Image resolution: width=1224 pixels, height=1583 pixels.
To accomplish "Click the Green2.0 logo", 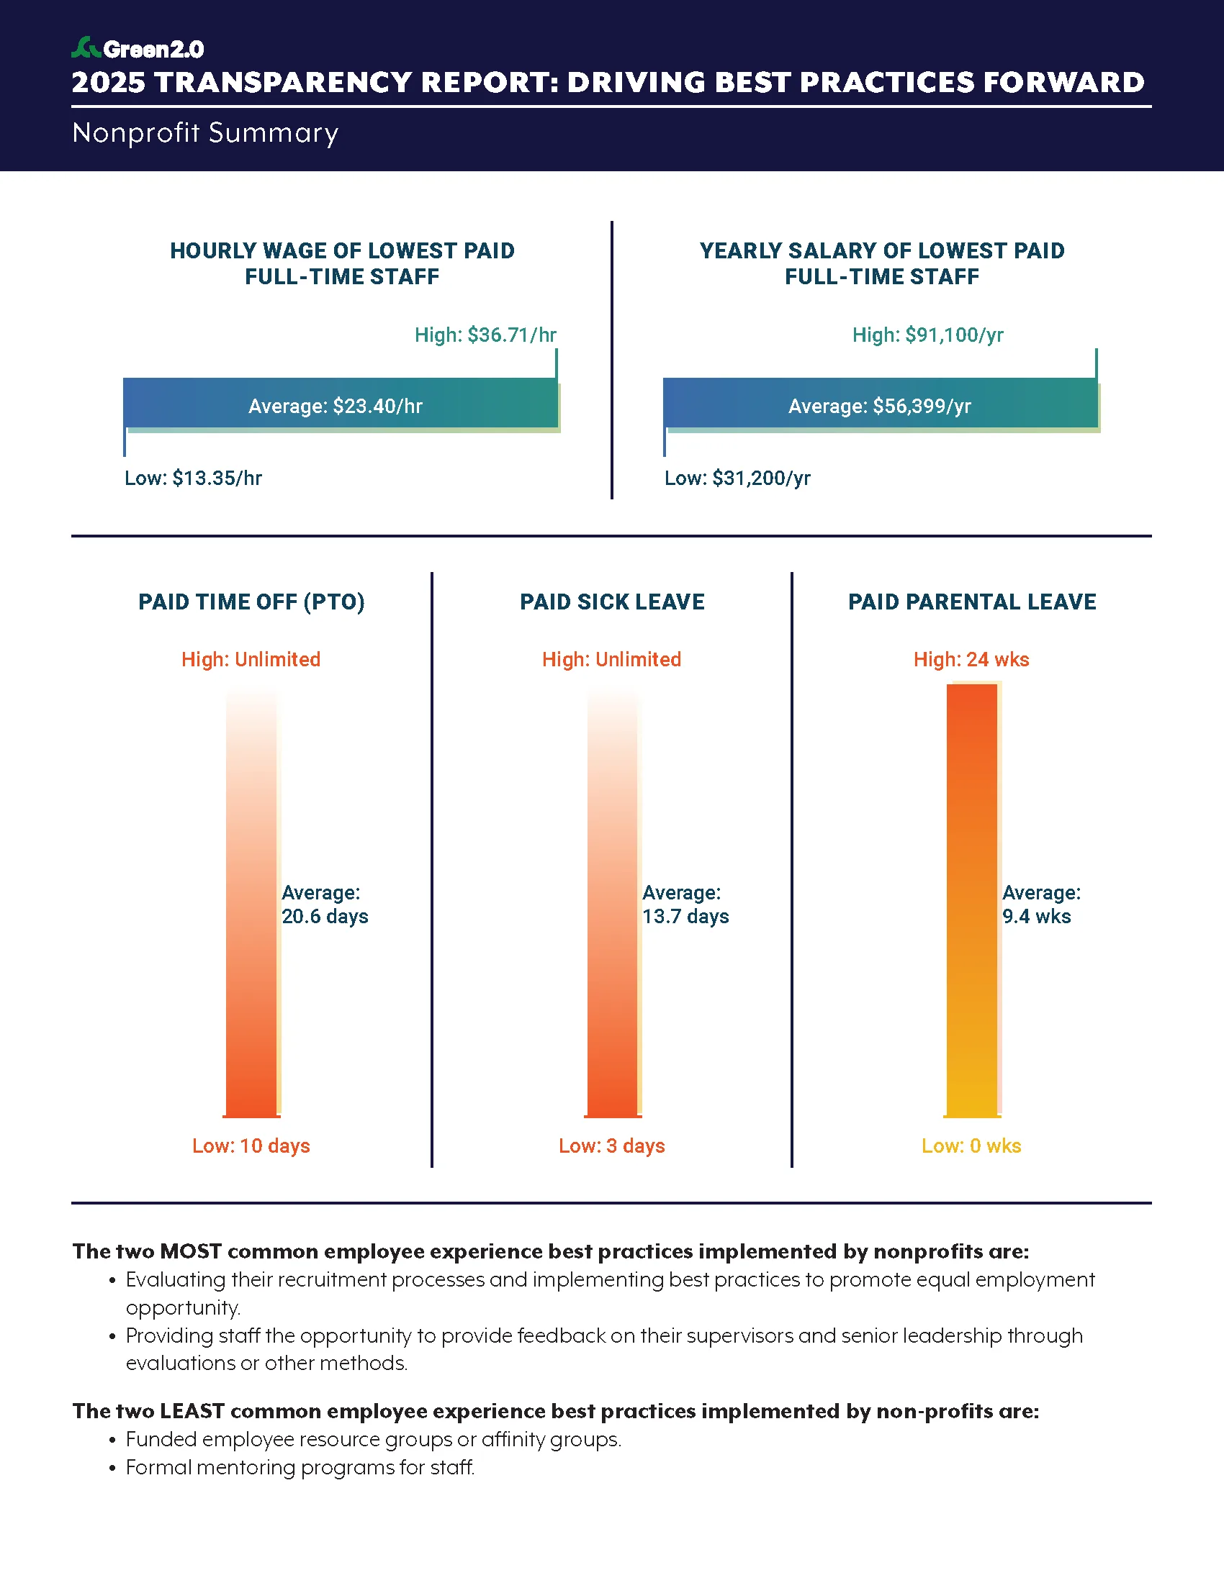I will coord(138,48).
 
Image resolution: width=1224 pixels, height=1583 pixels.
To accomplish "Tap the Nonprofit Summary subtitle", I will coord(205,132).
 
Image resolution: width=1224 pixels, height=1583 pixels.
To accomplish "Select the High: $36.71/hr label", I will coord(485,335).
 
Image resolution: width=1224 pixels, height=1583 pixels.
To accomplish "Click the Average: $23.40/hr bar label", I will coord(335,406).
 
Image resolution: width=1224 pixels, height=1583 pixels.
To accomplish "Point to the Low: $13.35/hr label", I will coord(193,478).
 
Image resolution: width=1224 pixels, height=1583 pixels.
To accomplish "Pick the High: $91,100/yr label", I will coord(927,335).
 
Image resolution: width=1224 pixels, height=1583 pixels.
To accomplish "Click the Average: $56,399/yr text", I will coord(879,406).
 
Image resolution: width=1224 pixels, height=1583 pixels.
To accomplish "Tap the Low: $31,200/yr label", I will coord(737,478).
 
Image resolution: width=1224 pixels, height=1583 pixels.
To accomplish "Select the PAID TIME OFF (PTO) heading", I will coord(251,602).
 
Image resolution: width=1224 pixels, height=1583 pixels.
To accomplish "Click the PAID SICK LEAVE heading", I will coord(612,602).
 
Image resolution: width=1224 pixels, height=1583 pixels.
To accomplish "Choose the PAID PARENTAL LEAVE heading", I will coord(972,602).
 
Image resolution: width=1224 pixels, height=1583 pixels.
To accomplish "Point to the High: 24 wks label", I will coord(971,660).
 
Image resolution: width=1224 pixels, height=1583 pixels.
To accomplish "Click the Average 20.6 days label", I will coord(324,904).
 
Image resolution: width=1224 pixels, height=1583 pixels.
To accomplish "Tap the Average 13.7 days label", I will coord(685,904).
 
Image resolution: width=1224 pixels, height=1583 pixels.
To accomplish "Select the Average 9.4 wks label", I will coord(1040,904).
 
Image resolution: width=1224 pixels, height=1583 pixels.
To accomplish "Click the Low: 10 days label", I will coord(251,1146).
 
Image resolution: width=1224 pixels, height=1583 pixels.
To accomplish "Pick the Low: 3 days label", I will coord(611,1146).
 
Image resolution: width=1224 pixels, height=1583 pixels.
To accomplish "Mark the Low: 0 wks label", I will coord(971,1146).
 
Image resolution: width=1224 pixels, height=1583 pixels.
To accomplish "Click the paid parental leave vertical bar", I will coord(972,899).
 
